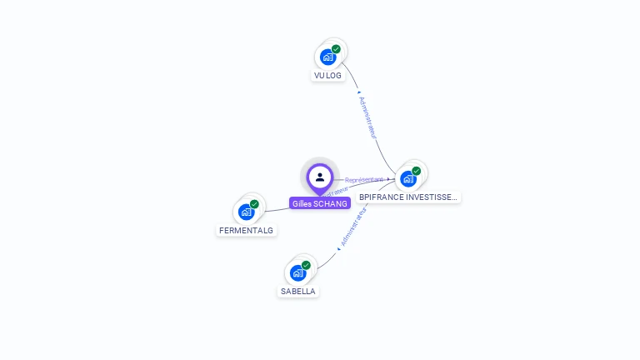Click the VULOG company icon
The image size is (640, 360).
click(x=328, y=57)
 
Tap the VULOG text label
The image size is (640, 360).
click(x=327, y=75)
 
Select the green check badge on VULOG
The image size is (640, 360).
click(x=336, y=49)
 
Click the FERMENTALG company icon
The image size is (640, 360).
click(x=247, y=212)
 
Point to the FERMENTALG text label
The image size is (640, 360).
click(x=246, y=230)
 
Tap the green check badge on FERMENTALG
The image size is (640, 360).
click(x=254, y=204)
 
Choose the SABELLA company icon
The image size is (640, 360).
click(x=298, y=272)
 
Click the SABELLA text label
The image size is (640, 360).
click(x=297, y=292)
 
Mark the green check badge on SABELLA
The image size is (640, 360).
click(x=306, y=265)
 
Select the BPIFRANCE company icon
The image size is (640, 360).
click(x=408, y=178)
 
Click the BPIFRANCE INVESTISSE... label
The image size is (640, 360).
click(x=407, y=197)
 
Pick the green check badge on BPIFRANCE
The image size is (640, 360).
click(x=416, y=171)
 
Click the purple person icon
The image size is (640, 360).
click(x=320, y=177)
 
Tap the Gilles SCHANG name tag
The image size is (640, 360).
click(x=320, y=203)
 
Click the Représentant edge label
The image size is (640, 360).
click(x=364, y=179)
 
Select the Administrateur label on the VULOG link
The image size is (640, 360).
click(x=367, y=117)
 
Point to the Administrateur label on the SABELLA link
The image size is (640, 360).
click(x=353, y=227)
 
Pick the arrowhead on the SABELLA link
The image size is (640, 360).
click(x=340, y=247)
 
